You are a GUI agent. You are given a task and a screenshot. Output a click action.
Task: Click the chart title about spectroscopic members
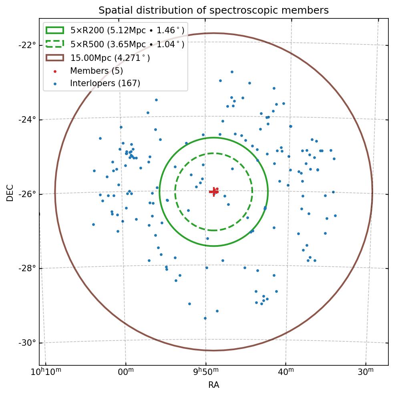pyautogui.click(x=213, y=10)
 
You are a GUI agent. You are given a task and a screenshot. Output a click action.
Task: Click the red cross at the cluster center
pyautogui.click(x=214, y=191)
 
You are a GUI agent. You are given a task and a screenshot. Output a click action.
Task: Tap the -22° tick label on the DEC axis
pyautogui.click(x=27, y=44)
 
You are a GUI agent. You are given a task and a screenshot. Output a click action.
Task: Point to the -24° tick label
pyautogui.click(x=27, y=119)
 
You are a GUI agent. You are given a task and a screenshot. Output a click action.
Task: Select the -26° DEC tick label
pyautogui.click(x=27, y=194)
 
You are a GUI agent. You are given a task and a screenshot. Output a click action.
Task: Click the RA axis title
pyautogui.click(x=213, y=385)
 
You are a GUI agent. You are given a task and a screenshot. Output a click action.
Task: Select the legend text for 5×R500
pyautogui.click(x=127, y=44)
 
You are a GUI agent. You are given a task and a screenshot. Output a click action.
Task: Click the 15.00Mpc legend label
pyautogui.click(x=110, y=58)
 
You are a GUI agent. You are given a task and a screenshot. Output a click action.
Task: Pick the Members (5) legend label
pyautogui.click(x=96, y=71)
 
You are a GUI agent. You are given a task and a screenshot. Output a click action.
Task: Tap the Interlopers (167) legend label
pyautogui.click(x=105, y=83)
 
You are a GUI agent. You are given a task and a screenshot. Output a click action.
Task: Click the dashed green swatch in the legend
pyautogui.click(x=55, y=44)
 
